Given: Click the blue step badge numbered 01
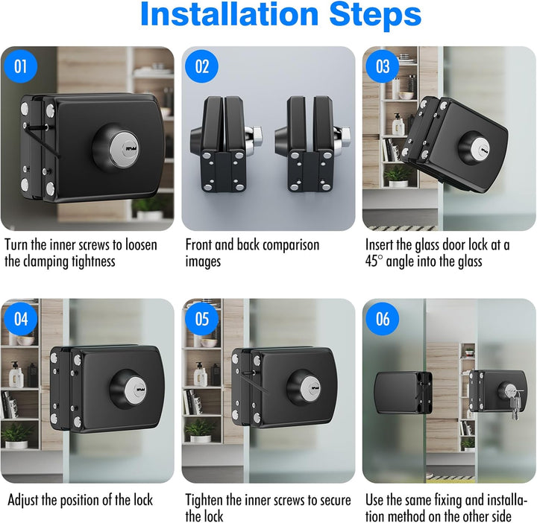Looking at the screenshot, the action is point(21,66).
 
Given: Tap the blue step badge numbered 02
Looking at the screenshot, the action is point(201,66).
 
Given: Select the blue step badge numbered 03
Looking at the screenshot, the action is point(383,66).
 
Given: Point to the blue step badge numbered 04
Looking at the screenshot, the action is point(21,319).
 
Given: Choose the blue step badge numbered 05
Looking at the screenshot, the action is point(201,319).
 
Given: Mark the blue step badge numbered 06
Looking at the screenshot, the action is point(383,319).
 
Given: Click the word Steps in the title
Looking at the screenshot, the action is point(375,15).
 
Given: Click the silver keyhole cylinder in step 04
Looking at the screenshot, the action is point(136,390).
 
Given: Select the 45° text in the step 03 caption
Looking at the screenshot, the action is point(374,261).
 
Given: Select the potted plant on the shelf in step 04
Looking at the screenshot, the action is point(16,435).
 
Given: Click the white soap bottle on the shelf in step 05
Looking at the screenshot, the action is point(200,375).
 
